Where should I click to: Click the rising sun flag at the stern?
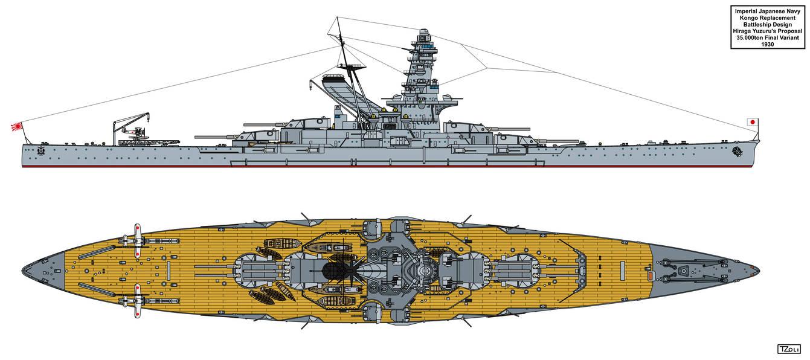point(17,127)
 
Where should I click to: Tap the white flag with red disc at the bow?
point(753,122)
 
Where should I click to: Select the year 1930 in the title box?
point(768,44)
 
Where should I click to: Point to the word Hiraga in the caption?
point(742,31)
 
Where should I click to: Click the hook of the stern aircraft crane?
point(148,117)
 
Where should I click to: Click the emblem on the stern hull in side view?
point(40,151)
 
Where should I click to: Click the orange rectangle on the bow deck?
point(650,276)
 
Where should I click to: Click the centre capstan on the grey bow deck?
point(683,271)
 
